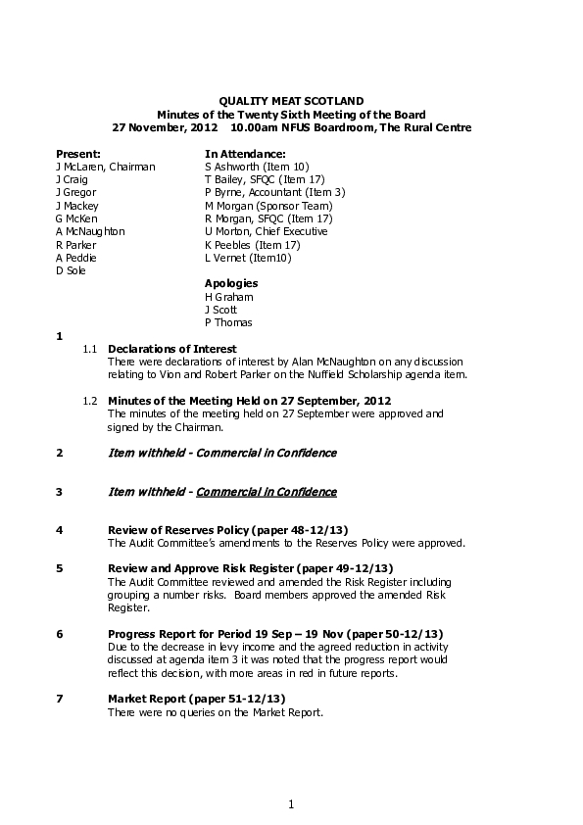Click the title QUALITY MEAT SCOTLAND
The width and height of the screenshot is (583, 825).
(291, 101)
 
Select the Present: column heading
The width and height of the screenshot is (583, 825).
(78, 154)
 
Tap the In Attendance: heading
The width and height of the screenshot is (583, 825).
(245, 154)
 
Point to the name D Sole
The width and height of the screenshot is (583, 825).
(71, 270)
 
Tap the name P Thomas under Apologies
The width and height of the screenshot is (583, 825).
(228, 322)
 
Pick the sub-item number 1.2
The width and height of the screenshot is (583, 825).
(90, 401)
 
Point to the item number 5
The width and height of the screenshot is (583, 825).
(60, 568)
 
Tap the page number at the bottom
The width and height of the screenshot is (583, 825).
(291, 804)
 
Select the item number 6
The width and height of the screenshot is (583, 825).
(60, 633)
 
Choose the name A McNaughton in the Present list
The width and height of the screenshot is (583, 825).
(90, 231)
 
